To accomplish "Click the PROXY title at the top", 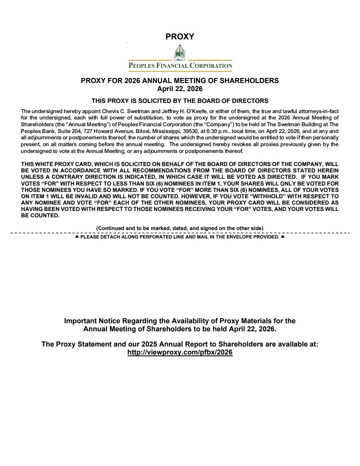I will (x=180, y=37).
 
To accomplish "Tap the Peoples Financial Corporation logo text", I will (x=180, y=66).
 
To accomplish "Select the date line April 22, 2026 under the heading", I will (x=180, y=89).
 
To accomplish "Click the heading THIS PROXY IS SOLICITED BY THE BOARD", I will (x=180, y=101).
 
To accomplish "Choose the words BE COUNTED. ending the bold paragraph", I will (x=40, y=216).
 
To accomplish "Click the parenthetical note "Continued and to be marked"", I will (x=180, y=228).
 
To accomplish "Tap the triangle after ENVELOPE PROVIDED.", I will (x=282, y=237).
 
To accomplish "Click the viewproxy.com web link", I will (x=180, y=352).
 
